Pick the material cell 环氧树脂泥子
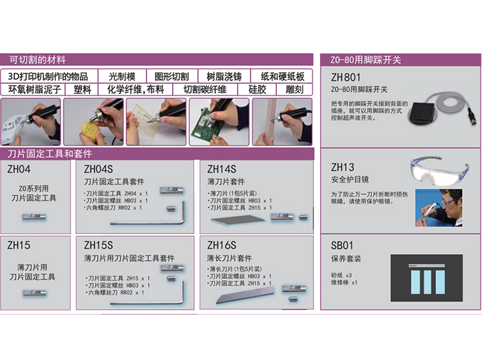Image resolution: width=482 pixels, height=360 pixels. [36, 89]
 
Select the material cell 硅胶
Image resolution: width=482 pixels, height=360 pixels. [257, 89]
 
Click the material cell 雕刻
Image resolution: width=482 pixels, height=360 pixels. [295, 89]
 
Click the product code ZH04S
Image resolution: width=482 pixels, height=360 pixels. [98, 169]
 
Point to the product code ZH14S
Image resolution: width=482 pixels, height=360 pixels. [221, 169]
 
